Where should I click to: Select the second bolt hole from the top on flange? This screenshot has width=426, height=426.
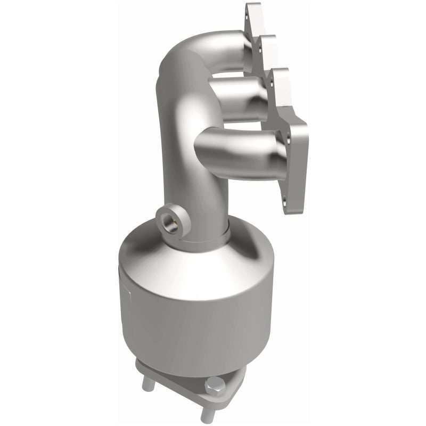click(x=260, y=47)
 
